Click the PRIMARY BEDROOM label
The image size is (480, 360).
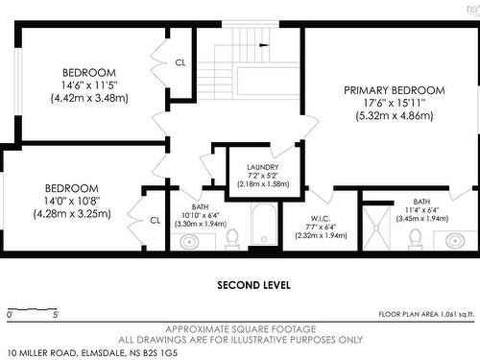tap(395, 90)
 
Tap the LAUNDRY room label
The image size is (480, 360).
tap(263, 167)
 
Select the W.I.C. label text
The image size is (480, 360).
tap(321, 219)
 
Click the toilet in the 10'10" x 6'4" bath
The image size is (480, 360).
tap(231, 239)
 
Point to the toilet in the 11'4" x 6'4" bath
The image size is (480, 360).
tap(416, 239)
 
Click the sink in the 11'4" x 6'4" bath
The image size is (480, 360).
tap(455, 241)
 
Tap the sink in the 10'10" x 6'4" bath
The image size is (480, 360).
tap(189, 242)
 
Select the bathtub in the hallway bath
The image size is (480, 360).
tap(264, 224)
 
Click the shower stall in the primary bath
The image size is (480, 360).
tap(376, 228)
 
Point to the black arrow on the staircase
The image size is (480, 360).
tap(264, 45)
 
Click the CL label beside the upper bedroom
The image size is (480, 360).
tap(180, 62)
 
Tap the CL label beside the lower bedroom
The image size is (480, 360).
tap(156, 220)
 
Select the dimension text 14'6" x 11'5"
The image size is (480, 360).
tap(89, 85)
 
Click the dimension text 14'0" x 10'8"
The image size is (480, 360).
tap(72, 201)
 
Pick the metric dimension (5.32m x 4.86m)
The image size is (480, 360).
tap(395, 115)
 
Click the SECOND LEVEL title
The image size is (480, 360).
tap(253, 285)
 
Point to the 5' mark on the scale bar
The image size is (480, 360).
tap(56, 315)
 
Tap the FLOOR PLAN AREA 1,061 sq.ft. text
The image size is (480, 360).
tap(426, 314)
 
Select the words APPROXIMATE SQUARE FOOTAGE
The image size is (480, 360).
tap(241, 329)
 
